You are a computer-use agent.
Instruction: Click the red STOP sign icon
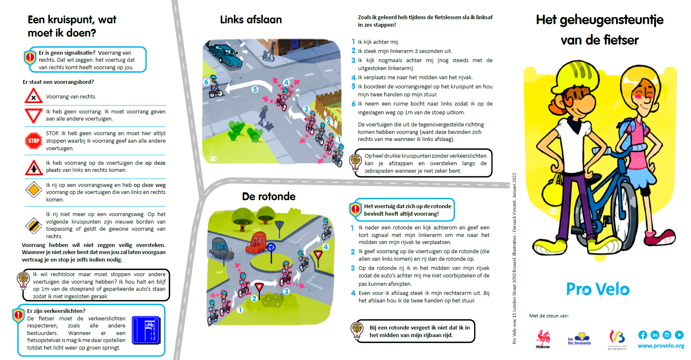pyautogui.click(x=33, y=141)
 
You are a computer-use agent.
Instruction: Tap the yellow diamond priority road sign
pyautogui.click(x=33, y=190)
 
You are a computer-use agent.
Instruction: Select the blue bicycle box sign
pyautogui.click(x=146, y=330)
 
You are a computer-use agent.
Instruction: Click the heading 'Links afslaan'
pyautogui.click(x=251, y=20)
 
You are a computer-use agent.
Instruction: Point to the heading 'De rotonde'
pyautogui.click(x=269, y=196)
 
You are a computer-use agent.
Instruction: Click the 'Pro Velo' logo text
pyautogui.click(x=598, y=289)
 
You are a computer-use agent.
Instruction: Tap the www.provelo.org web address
pyautogui.click(x=661, y=346)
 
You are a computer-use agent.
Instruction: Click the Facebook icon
pyautogui.click(x=643, y=335)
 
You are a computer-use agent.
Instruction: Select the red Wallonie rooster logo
pyautogui.click(x=543, y=338)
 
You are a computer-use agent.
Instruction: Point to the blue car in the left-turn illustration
pyautogui.click(x=225, y=55)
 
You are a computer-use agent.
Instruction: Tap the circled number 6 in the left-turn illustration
pyautogui.click(x=206, y=82)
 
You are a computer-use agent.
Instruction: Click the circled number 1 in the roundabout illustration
pyautogui.click(x=240, y=310)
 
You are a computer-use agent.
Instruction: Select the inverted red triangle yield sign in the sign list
pyautogui.click(x=33, y=115)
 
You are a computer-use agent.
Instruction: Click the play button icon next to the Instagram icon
pyautogui.click(x=679, y=335)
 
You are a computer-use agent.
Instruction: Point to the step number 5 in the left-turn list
pyautogui.click(x=353, y=86)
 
